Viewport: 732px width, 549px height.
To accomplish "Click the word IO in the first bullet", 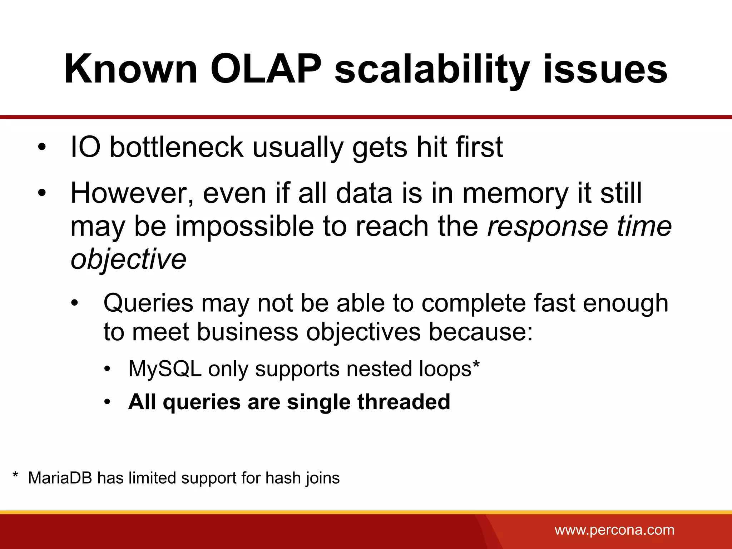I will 85,147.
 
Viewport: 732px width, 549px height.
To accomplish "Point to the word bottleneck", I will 177,147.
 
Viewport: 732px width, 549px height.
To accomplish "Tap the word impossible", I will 244,227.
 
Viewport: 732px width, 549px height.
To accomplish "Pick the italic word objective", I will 128,259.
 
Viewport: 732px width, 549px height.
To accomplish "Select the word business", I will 247,332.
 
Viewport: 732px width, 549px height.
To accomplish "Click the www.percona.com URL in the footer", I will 614,530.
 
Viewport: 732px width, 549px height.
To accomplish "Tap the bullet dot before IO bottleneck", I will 42,148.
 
